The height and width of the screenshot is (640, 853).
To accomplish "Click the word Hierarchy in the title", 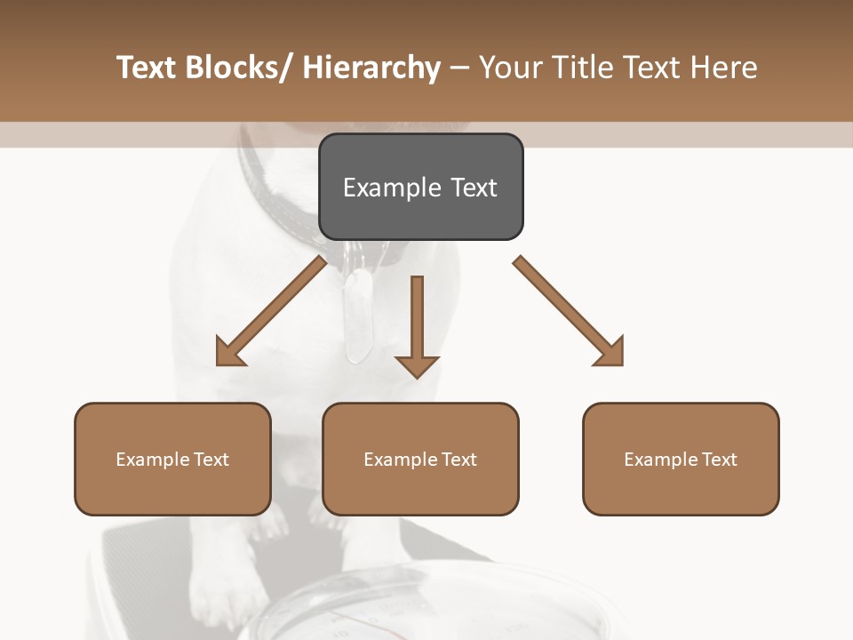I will click(x=371, y=68).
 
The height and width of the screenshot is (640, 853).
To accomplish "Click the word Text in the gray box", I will click(x=474, y=188).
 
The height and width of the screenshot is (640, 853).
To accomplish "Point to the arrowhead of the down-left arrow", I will click(x=229, y=353).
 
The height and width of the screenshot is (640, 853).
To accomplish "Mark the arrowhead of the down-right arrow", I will click(x=610, y=353).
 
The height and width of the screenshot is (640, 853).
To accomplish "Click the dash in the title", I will click(x=459, y=68).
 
